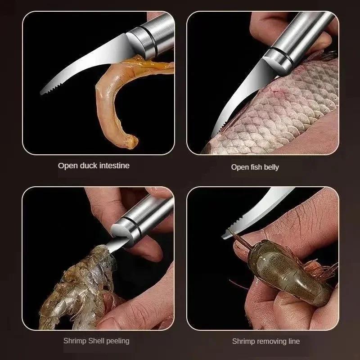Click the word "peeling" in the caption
pyautogui.click(x=116, y=341)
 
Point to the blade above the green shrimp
pyautogui.click(x=256, y=216)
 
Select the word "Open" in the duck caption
pyautogui.click(x=67, y=166)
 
